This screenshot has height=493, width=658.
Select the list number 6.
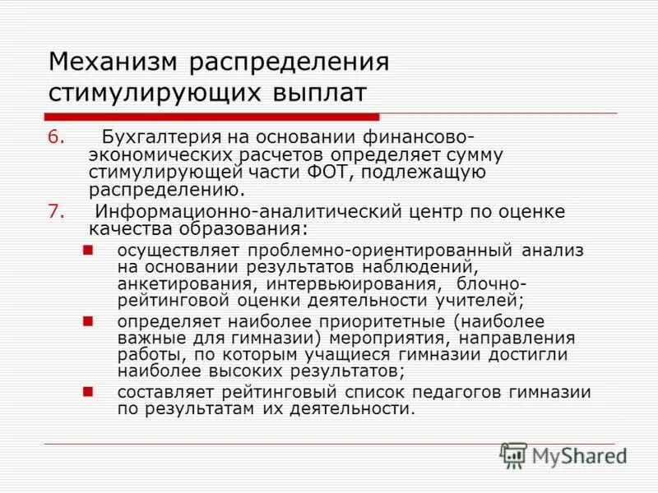55,136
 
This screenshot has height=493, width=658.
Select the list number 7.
55,211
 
